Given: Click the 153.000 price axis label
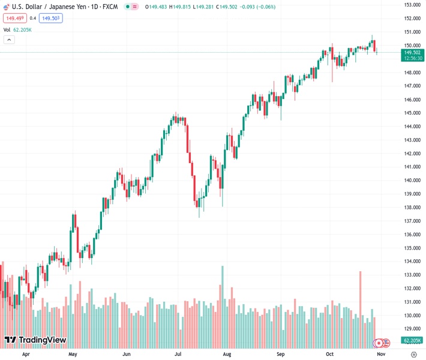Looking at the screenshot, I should [x=411, y=5].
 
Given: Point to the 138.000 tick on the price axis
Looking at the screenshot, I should [x=411, y=208].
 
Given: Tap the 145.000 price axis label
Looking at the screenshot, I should [x=411, y=113].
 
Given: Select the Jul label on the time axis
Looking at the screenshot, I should [x=178, y=354].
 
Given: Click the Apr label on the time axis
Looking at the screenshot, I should [x=26, y=354].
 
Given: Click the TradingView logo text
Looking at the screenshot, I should [x=42, y=340].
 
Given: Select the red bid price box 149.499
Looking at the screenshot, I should [x=14, y=18].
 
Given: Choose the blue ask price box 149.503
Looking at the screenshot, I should [x=51, y=18].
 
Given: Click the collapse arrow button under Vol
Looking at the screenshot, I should [x=9, y=40].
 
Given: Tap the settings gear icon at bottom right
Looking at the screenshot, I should [x=413, y=354].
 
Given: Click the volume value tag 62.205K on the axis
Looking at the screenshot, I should [x=411, y=340].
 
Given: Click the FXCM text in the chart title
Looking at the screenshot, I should [x=110, y=7].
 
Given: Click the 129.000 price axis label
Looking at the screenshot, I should [x=411, y=329].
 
